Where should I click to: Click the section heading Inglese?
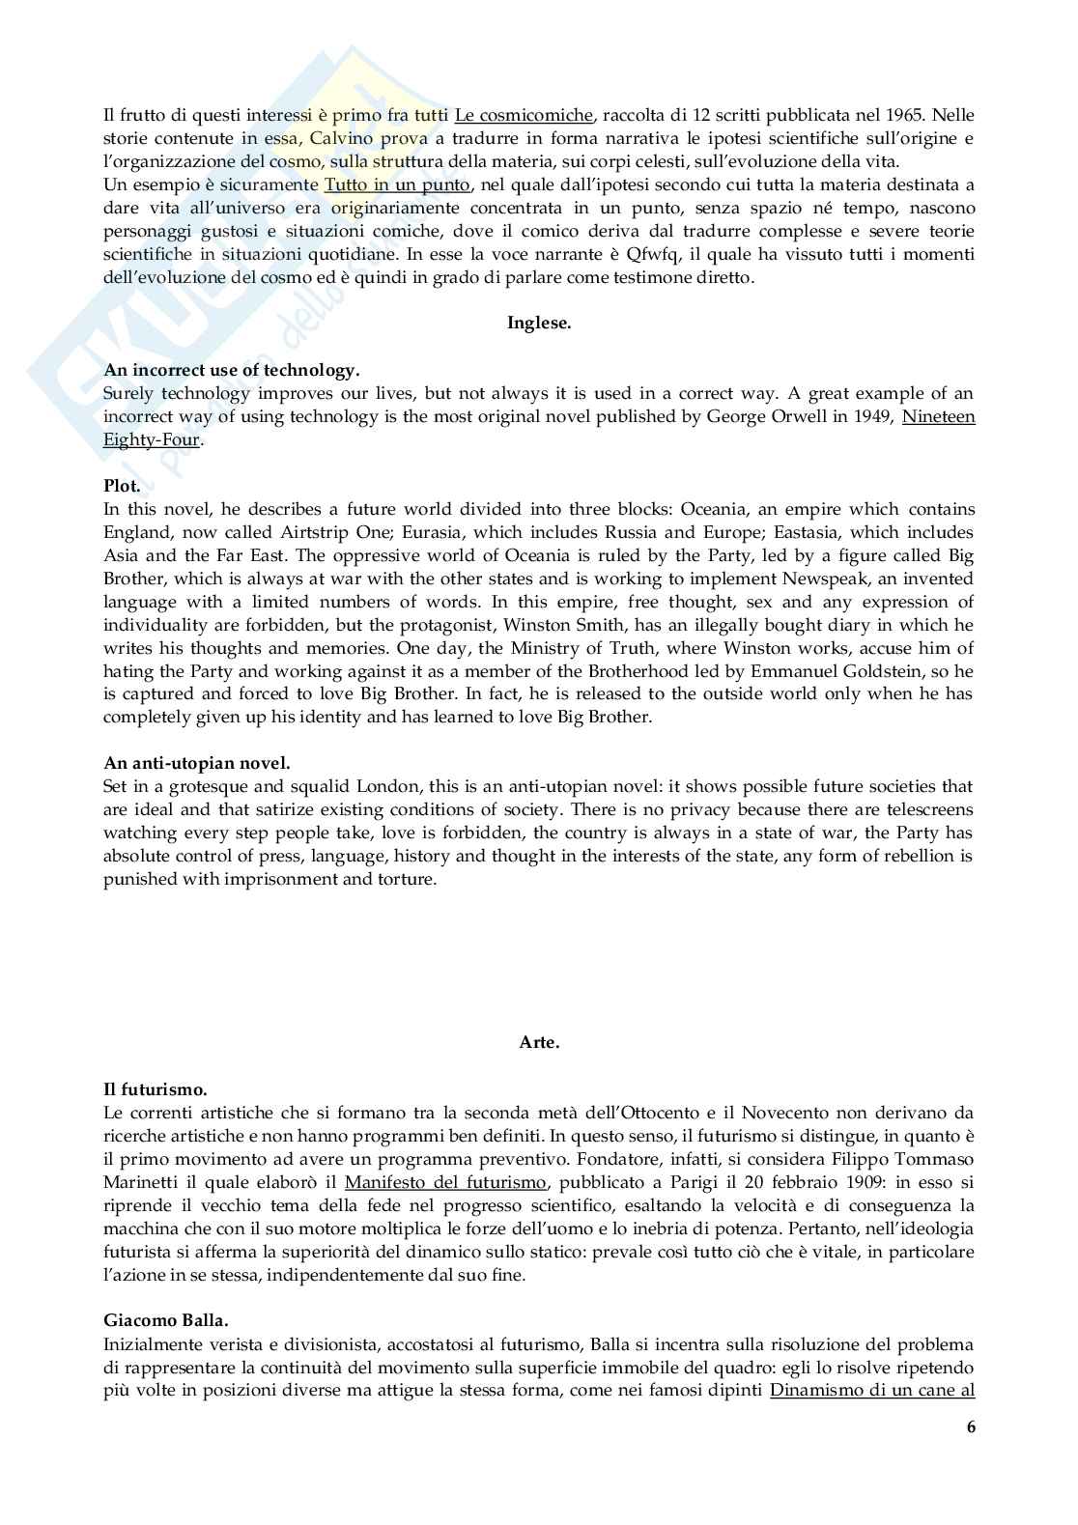(539, 324)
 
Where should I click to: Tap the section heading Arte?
(539, 1042)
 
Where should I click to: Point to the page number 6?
(971, 1427)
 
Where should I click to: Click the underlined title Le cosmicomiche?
(524, 116)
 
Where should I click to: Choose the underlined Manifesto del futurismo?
(445, 1182)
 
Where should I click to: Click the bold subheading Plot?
(122, 486)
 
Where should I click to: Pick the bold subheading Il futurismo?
(156, 1089)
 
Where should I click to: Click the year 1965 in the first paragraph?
(906, 116)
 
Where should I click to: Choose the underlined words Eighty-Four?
(152, 439)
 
